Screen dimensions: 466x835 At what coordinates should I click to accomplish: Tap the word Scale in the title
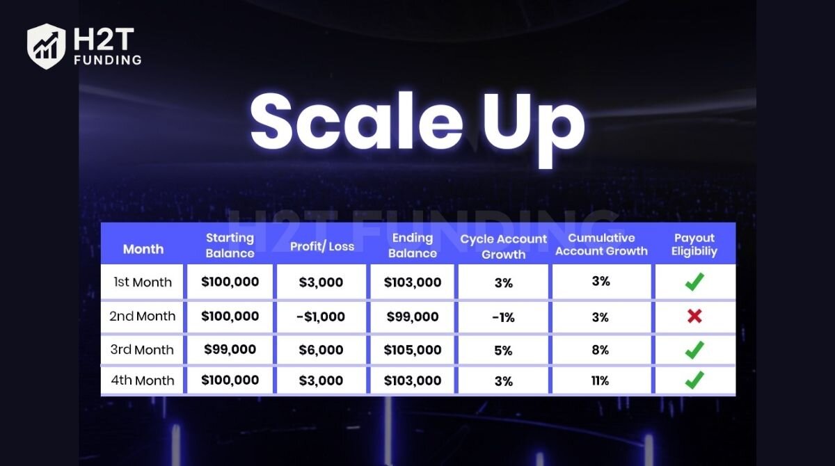355,122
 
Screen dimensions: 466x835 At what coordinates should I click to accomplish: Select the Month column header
143,248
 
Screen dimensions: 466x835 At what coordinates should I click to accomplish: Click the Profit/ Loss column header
322,246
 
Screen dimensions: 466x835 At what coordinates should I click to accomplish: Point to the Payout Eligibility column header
694,245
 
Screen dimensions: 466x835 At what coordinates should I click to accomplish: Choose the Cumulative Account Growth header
601,245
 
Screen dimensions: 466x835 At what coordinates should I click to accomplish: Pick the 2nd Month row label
143,316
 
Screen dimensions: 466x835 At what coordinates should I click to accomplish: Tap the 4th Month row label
143,380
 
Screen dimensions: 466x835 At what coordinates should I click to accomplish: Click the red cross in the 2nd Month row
694,316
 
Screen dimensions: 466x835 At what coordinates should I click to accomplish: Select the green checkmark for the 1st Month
694,282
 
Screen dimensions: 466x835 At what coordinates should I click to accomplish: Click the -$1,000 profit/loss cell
321,316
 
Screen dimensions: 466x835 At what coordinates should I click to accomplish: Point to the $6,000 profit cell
321,350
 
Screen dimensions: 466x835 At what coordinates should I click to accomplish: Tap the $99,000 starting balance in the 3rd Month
230,349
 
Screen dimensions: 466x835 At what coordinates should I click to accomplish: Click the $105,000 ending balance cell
413,350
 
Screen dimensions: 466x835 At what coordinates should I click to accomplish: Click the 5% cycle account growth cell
503,351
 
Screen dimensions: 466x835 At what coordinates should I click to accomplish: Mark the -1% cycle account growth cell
503,317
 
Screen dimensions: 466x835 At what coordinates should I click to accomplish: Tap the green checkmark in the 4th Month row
694,380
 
